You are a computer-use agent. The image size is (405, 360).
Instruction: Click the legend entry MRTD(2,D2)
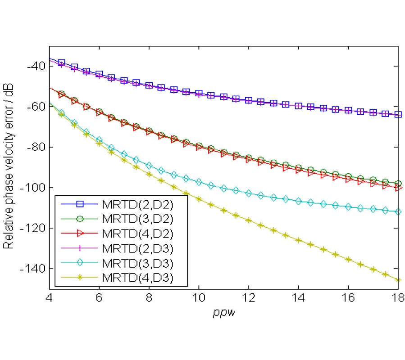point(138,204)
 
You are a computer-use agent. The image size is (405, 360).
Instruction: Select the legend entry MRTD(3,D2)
point(138,219)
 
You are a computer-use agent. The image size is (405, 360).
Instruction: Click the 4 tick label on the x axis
point(50,298)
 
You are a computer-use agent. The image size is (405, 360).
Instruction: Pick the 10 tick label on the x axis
point(199,298)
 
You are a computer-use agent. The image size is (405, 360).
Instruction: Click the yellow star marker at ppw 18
point(397,280)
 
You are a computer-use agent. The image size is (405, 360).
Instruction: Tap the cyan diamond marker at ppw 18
point(397,211)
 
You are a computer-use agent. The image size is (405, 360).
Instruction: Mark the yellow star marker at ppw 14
point(298,240)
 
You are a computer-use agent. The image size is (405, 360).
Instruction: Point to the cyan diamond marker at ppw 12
point(248,193)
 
